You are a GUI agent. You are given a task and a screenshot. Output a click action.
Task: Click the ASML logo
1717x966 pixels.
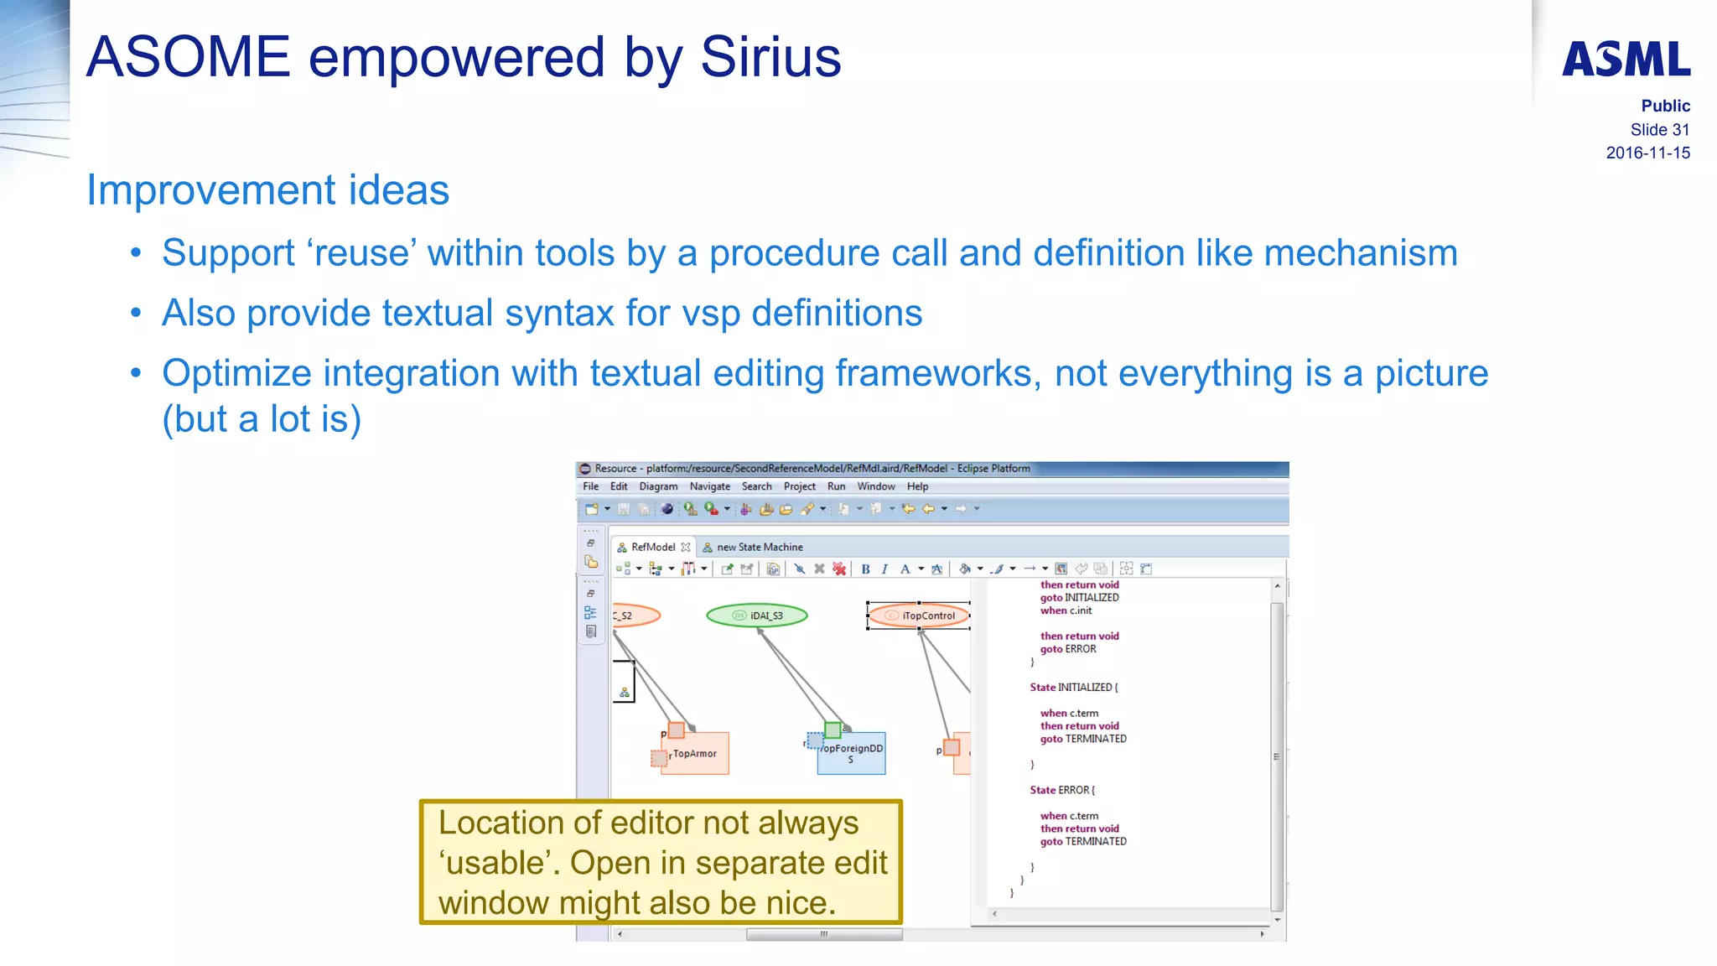click(x=1626, y=60)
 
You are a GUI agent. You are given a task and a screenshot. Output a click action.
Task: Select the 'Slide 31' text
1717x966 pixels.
click(x=1659, y=130)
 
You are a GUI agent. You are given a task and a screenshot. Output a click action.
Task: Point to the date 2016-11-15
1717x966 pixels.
click(x=1647, y=153)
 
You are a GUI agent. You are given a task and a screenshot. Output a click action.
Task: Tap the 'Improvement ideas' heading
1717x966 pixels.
click(x=267, y=190)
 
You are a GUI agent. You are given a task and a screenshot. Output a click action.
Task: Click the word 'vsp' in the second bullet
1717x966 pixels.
click(x=711, y=314)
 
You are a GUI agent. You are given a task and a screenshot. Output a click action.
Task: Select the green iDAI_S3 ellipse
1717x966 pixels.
click(x=757, y=615)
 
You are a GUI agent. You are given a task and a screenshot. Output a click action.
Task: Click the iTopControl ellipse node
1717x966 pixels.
click(x=919, y=615)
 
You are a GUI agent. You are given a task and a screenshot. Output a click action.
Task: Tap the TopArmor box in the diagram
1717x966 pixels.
click(x=695, y=754)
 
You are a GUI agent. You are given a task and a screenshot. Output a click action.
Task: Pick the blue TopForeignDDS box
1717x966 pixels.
click(x=851, y=753)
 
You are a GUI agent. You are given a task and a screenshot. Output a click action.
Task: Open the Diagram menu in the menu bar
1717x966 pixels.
click(x=658, y=486)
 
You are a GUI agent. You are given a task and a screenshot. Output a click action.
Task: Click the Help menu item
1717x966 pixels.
click(x=917, y=486)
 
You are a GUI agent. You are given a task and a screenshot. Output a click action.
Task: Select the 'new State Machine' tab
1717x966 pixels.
click(x=759, y=547)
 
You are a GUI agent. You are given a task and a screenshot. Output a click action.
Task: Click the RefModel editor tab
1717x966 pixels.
click(x=652, y=547)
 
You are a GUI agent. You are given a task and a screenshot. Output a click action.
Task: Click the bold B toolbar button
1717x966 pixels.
click(x=865, y=569)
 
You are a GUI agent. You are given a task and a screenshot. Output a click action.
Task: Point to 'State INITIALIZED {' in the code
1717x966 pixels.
click(x=1073, y=688)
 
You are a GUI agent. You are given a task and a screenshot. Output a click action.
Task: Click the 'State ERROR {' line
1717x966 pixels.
click(x=1061, y=790)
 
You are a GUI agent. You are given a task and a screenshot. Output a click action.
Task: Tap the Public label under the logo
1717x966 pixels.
click(x=1665, y=106)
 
